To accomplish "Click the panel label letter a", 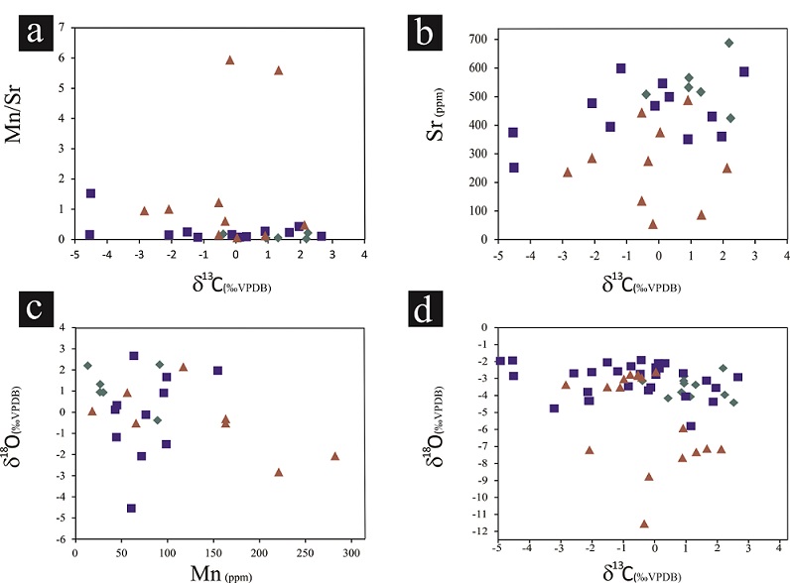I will (x=35, y=33).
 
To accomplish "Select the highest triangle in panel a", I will (x=229, y=59).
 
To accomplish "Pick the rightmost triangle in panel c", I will (x=334, y=456).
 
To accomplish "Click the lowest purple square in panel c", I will (x=131, y=509).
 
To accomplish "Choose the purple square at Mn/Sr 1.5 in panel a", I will (x=90, y=193).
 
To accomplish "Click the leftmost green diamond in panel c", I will (x=87, y=366).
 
